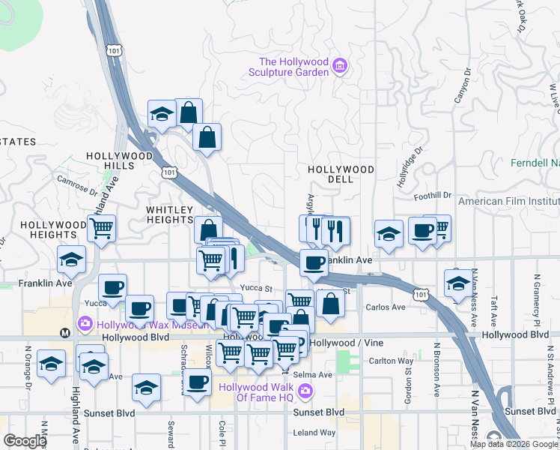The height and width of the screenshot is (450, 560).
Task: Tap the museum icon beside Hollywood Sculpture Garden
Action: tap(340, 67)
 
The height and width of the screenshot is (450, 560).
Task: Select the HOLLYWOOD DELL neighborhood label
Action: tap(341, 175)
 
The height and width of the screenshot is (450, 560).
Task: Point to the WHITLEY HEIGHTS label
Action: tap(170, 215)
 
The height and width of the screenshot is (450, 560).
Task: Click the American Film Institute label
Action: tap(508, 201)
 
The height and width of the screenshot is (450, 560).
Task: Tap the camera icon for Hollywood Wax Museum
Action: tap(85, 324)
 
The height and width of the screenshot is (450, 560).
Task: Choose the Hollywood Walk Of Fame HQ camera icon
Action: tap(305, 390)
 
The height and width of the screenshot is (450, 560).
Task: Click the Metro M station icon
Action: tap(64, 332)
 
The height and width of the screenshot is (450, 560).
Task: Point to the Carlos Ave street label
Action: tap(385, 307)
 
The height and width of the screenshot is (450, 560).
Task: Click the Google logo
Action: tap(25, 440)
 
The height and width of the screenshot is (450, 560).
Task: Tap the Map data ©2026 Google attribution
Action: tap(513, 444)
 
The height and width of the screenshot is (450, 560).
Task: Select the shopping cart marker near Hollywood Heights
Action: tap(101, 227)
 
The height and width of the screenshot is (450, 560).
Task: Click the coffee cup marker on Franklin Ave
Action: tap(314, 262)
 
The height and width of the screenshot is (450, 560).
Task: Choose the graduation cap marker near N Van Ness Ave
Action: tap(458, 283)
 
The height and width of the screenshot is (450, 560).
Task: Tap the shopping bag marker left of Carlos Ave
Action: tap(330, 303)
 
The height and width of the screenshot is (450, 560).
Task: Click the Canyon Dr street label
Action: tap(461, 87)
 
